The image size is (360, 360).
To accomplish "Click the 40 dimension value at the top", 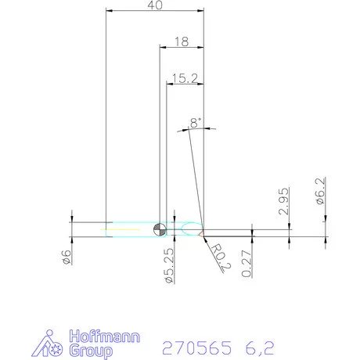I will (154, 5).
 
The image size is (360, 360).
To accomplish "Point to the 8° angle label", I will (195, 122).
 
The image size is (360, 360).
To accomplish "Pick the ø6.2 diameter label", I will (321, 192).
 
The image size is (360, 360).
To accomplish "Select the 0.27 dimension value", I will (247, 262).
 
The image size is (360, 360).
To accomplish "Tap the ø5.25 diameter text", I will (168, 264).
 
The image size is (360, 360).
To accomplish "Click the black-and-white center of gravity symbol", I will (160, 229).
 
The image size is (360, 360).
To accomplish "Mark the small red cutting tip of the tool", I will (201, 233).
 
